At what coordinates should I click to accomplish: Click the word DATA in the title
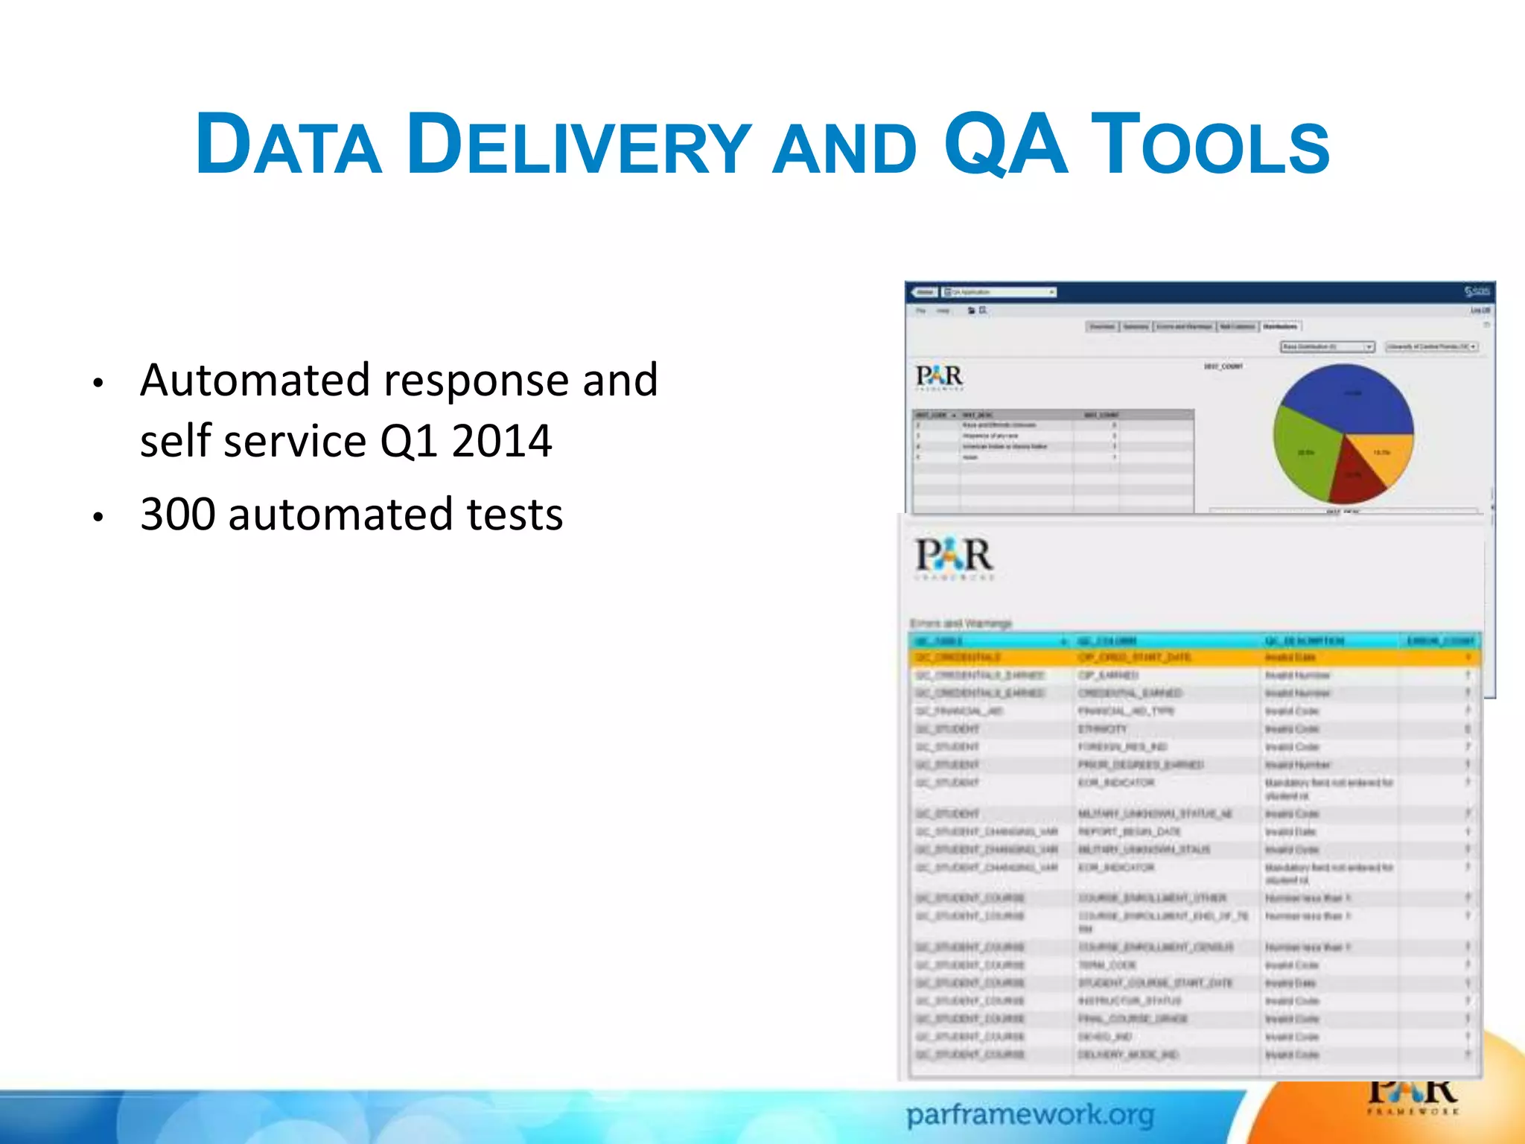(288, 144)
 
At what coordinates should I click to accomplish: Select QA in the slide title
(1005, 143)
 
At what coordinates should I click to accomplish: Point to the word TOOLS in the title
(1211, 144)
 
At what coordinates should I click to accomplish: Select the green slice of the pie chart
(1304, 454)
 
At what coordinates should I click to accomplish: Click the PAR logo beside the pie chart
(939, 377)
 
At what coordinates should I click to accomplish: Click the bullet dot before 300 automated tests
(98, 517)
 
